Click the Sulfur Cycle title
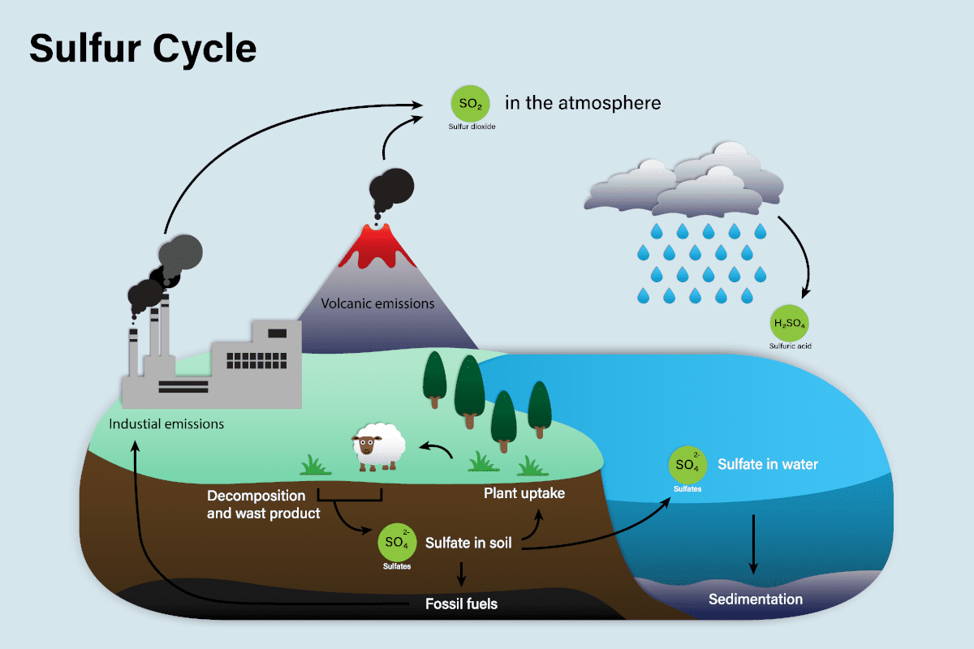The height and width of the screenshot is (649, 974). [143, 49]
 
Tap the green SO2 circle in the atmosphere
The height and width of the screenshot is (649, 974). [470, 104]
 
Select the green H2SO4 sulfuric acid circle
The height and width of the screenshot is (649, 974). [790, 324]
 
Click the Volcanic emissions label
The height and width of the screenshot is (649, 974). [377, 304]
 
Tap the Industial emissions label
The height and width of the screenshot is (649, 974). [166, 423]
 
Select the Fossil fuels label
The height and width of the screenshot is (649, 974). [461, 604]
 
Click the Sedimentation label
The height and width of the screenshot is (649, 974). [755, 600]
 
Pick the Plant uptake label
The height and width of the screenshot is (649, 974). [524, 492]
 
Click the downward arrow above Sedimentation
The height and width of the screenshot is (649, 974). [754, 544]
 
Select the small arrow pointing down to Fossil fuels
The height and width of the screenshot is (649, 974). [462, 574]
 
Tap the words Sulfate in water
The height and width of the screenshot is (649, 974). [767, 465]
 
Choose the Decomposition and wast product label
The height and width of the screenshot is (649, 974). [263, 504]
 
